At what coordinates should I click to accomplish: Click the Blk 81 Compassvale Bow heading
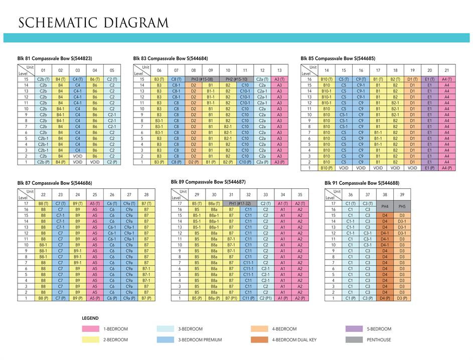point(54,58)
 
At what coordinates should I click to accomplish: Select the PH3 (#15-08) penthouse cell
point(202,79)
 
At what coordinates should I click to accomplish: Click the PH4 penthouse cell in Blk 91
point(385,206)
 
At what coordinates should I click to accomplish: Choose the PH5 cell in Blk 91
point(402,206)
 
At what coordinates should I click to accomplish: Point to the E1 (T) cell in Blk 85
point(429,79)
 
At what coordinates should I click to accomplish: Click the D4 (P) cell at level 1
point(385,298)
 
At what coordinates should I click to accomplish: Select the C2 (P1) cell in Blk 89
point(265,298)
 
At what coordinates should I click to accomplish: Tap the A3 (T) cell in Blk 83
point(279,79)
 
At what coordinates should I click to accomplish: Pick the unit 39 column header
point(402,195)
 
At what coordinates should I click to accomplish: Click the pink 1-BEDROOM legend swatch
point(91,329)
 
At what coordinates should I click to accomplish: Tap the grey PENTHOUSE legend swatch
point(354,340)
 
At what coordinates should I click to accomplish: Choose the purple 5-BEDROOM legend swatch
point(354,329)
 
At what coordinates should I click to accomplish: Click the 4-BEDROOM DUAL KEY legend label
point(294,340)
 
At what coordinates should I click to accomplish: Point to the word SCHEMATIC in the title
point(57,23)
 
